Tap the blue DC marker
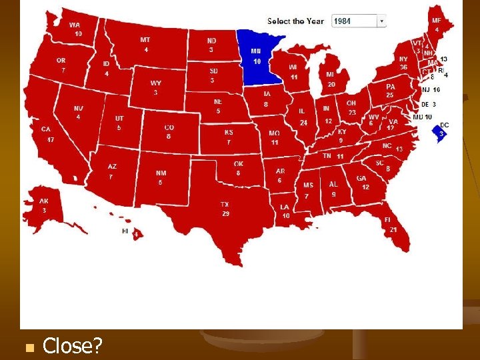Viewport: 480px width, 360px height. (440, 131)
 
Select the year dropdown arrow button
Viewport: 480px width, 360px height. (381, 21)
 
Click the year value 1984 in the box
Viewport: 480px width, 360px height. (343, 21)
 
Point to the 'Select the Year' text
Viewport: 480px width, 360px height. (295, 21)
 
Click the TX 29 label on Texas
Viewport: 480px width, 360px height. (225, 209)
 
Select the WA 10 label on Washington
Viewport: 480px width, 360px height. (77, 29)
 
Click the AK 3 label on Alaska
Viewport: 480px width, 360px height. (43, 205)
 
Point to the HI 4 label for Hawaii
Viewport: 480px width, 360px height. (129, 232)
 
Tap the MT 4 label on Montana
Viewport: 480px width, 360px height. (145, 44)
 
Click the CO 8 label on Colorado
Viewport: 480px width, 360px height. (169, 131)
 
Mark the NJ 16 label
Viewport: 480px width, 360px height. (431, 89)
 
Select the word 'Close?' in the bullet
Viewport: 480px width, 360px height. (72, 345)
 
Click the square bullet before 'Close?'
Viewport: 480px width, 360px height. (27, 347)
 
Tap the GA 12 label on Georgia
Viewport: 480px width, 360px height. (362, 183)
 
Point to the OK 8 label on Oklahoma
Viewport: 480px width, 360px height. (238, 168)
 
